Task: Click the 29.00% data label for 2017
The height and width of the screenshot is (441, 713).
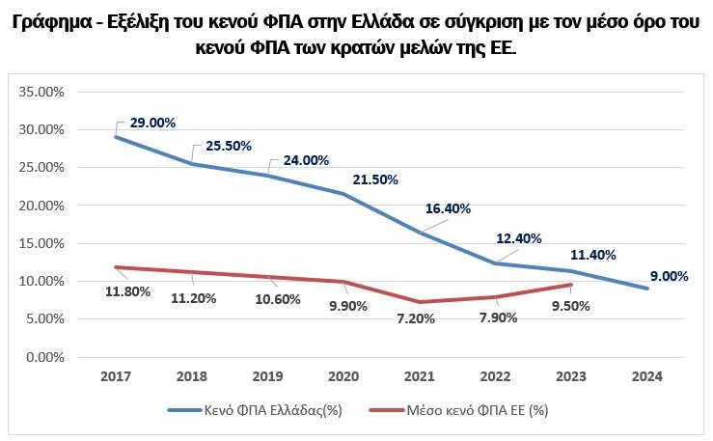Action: click(152, 124)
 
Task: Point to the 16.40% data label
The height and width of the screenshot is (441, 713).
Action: click(451, 207)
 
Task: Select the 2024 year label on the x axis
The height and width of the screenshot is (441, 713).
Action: click(646, 376)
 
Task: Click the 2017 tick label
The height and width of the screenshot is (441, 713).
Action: click(117, 376)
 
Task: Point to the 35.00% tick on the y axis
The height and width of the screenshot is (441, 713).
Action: click(42, 92)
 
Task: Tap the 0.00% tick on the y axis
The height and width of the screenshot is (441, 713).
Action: click(45, 357)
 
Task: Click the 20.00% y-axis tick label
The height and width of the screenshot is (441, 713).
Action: click(42, 206)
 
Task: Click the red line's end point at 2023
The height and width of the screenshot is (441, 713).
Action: click(572, 285)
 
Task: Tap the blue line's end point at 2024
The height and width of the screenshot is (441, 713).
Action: click(646, 289)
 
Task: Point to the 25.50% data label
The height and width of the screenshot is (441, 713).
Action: click(228, 146)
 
